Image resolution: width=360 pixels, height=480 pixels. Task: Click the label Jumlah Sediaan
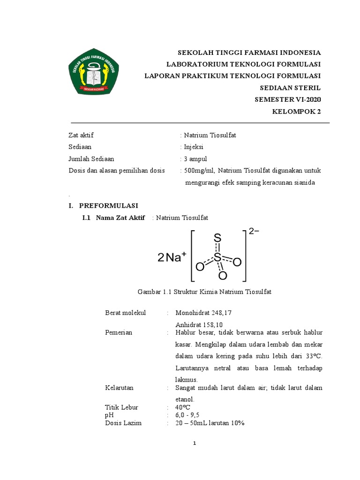(91, 159)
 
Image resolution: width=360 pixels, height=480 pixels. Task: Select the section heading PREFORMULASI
(108, 205)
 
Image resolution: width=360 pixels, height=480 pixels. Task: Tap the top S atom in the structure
(217, 239)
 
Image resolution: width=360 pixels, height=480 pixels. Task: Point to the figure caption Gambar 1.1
(204, 292)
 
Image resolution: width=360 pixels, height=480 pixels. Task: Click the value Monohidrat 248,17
(204, 313)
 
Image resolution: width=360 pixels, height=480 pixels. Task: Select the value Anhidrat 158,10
(199, 324)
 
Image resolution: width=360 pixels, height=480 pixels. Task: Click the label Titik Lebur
(122, 407)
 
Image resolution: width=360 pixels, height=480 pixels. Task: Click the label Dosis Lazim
(124, 423)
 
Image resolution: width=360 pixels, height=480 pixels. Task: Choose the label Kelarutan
(120, 388)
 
